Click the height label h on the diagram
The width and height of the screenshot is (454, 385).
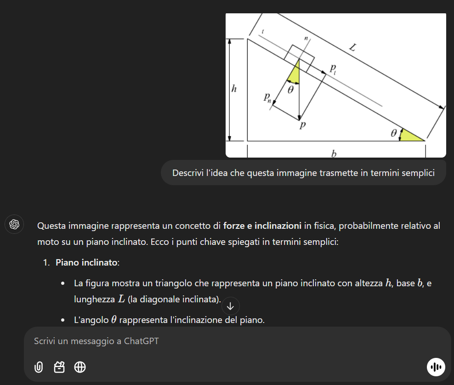234,89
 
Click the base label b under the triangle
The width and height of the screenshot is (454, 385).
334,153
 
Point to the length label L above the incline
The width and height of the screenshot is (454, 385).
352,47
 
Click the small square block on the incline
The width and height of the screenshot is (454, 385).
299,56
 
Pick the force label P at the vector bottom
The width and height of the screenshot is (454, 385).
302,125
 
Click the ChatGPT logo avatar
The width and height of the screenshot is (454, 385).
14,224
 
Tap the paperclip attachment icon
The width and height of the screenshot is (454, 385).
39,367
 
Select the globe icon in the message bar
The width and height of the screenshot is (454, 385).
80,367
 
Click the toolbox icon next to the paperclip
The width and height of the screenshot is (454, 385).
59,367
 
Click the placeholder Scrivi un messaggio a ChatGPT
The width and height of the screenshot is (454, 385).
96,341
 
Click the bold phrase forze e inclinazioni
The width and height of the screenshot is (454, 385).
262,226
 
